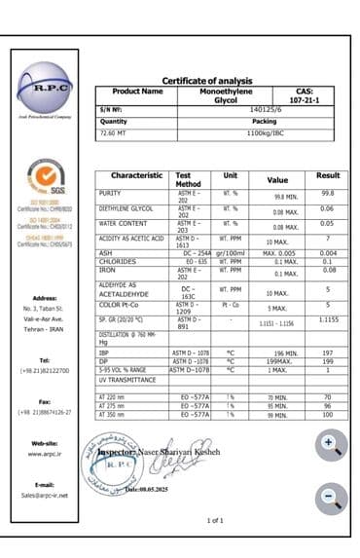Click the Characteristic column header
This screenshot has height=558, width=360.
pos(136,175)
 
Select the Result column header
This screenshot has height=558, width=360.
pos(328,175)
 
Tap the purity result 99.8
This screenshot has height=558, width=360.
pos(327,193)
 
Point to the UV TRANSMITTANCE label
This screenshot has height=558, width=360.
pos(128,379)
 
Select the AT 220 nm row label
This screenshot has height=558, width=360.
pos(114,397)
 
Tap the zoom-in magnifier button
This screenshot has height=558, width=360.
pos(331,445)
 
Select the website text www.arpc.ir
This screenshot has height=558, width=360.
pos(47,454)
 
